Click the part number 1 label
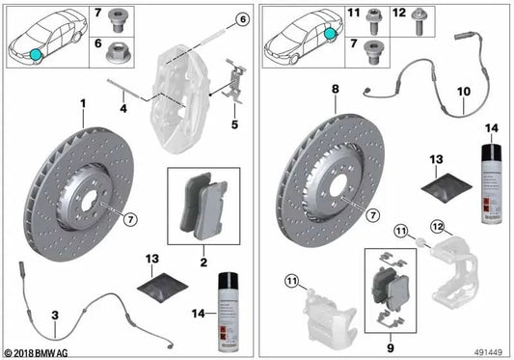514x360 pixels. click(84, 102)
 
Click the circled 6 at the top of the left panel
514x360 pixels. click(242, 19)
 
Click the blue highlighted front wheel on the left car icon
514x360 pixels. click(37, 54)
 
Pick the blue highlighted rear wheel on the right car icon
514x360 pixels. click(333, 34)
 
